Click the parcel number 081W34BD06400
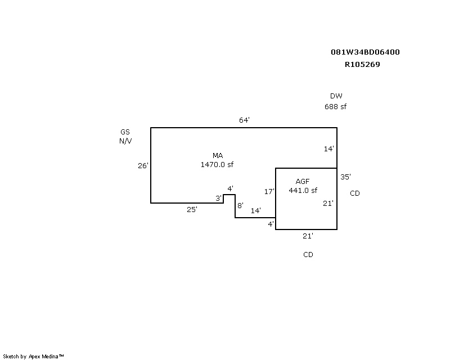click(x=365, y=52)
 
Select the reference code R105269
click(x=362, y=64)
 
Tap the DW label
click(x=336, y=96)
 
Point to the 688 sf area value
click(x=335, y=106)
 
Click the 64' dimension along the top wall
click(x=244, y=120)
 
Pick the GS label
click(x=125, y=132)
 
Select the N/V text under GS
click(x=125, y=141)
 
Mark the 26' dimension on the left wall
click(x=143, y=165)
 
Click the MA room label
click(x=218, y=156)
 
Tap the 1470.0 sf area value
click(x=217, y=164)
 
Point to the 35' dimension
click(x=345, y=177)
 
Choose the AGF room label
click(x=303, y=182)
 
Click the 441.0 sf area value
click(x=303, y=190)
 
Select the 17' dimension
click(x=269, y=191)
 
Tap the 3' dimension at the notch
click(x=219, y=198)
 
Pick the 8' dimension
click(x=241, y=205)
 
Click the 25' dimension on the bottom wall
click(x=192, y=210)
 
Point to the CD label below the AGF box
click(x=308, y=255)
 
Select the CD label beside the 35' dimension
click(x=355, y=193)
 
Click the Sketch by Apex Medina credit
click(x=33, y=357)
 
